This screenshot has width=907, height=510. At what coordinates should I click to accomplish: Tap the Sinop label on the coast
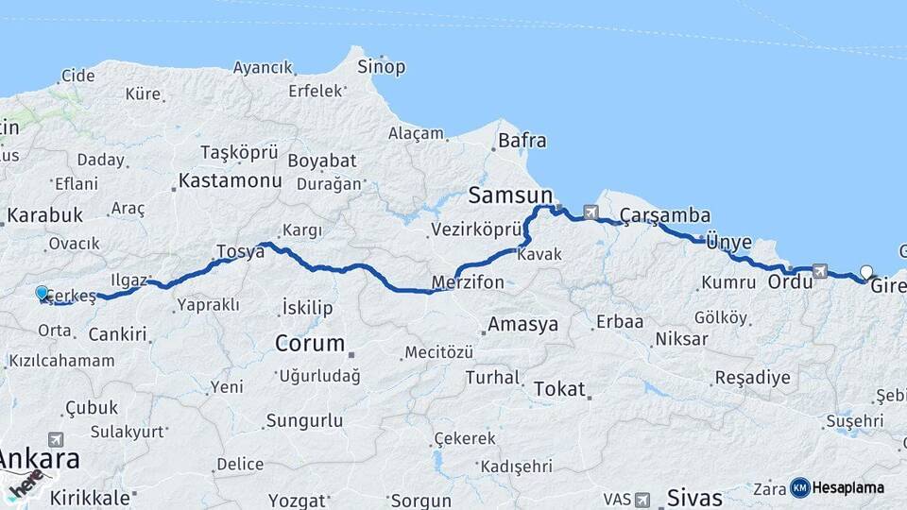tap(382, 67)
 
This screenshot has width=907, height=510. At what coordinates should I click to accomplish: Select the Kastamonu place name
tap(231, 179)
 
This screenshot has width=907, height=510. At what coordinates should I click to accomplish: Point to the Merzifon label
tap(467, 282)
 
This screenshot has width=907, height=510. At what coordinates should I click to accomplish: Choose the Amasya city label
tap(522, 325)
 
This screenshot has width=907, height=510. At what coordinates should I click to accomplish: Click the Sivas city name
tap(694, 497)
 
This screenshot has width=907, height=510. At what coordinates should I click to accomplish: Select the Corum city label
tap(310, 344)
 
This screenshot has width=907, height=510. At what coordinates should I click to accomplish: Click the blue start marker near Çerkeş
tap(42, 294)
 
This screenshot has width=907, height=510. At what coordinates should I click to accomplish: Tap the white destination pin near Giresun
tap(866, 273)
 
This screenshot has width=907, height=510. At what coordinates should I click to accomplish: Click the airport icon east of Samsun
tap(591, 212)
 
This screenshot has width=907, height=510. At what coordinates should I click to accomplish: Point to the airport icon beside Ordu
tap(819, 271)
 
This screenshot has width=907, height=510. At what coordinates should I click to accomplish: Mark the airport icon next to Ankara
tap(56, 439)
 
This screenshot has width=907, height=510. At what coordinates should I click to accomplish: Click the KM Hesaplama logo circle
tap(800, 487)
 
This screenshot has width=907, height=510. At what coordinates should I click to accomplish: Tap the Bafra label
tap(522, 142)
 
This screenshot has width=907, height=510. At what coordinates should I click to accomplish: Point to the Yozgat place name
tap(298, 500)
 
